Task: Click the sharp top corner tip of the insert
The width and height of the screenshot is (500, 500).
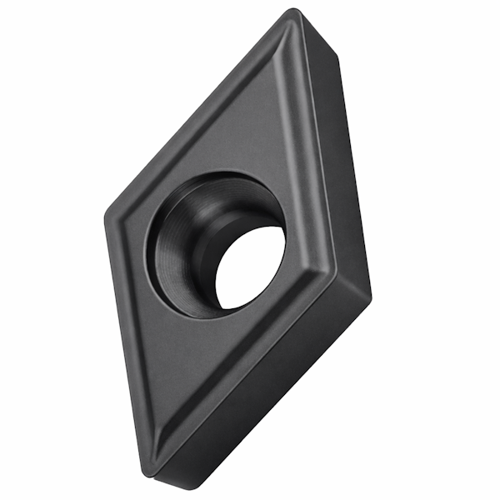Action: pyautogui.click(x=292, y=12)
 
